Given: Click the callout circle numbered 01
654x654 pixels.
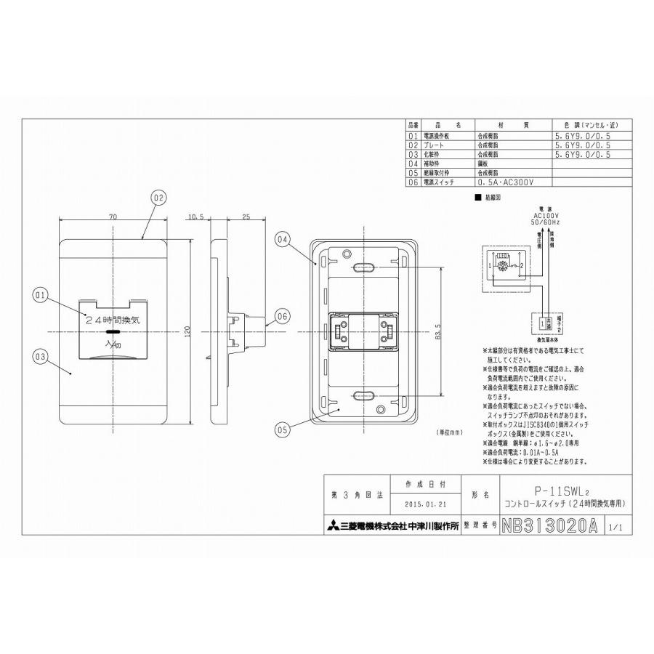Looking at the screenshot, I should coord(40,295).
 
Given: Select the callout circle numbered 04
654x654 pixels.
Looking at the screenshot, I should coord(283,239).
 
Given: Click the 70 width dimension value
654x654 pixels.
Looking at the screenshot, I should coord(113,217).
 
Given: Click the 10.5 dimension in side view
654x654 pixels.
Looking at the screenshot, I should coord(195,217).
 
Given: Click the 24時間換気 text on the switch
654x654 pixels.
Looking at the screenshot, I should coord(113,318).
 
